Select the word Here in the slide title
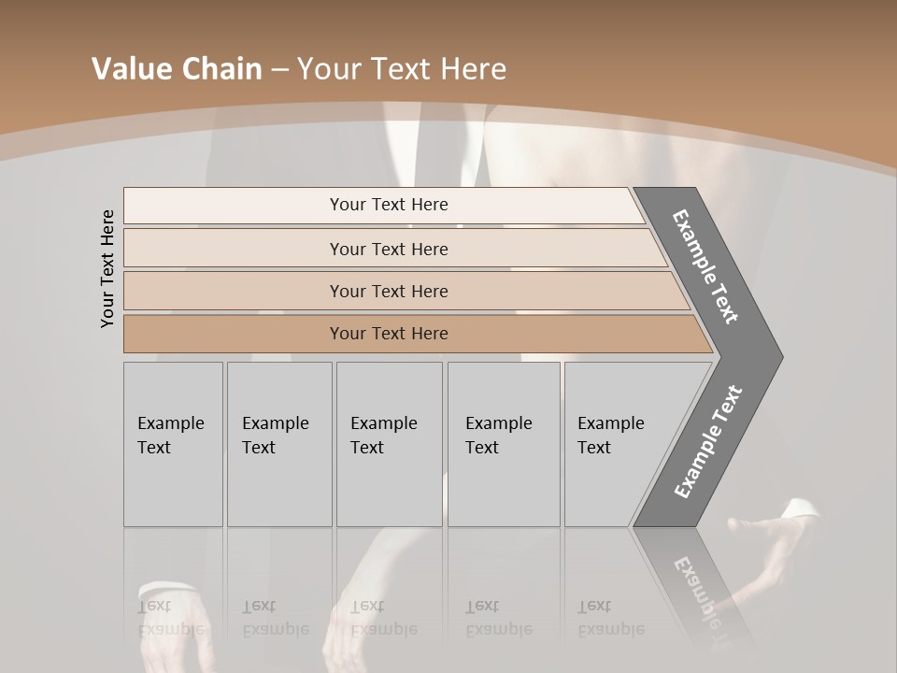(473, 69)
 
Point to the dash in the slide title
(279, 70)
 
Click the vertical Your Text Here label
(108, 268)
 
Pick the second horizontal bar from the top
(388, 249)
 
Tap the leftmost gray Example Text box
(173, 444)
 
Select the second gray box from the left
(278, 444)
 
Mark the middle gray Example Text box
(389, 444)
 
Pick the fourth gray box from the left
(504, 444)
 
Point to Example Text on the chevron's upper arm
(705, 266)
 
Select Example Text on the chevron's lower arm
(707, 442)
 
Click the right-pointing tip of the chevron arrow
(777, 357)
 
